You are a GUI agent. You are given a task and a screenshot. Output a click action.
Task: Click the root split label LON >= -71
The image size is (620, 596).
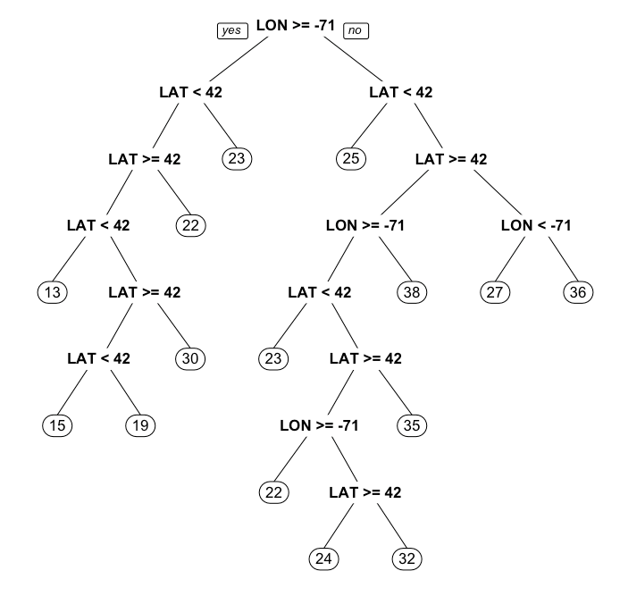[x=296, y=26]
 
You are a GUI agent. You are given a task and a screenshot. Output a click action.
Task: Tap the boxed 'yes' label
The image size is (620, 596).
[x=232, y=30]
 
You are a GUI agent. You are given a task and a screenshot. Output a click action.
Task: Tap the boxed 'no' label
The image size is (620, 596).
[x=355, y=30]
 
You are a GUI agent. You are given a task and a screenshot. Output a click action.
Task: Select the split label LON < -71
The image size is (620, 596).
[x=536, y=225]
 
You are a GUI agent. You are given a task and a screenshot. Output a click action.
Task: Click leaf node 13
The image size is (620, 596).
[x=54, y=292]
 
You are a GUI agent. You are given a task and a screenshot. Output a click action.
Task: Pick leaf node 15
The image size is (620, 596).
[x=57, y=425]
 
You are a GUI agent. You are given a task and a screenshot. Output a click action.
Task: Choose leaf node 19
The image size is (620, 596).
[x=139, y=425]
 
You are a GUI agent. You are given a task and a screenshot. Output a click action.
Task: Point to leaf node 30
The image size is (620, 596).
[x=190, y=358]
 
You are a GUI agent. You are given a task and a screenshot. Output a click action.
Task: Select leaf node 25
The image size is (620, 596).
[x=351, y=159]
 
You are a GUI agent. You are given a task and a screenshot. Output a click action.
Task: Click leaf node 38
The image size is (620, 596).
[x=412, y=292]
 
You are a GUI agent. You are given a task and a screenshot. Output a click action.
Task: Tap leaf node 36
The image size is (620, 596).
[x=579, y=292]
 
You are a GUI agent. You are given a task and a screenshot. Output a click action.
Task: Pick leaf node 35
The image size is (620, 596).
[x=412, y=425]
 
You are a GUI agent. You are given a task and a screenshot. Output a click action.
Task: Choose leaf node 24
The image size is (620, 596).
[x=323, y=559]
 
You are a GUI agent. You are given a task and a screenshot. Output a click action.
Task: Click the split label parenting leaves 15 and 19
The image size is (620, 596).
[x=98, y=358]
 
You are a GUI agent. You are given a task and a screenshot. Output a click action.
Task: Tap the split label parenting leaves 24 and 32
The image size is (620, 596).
[x=364, y=492]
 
